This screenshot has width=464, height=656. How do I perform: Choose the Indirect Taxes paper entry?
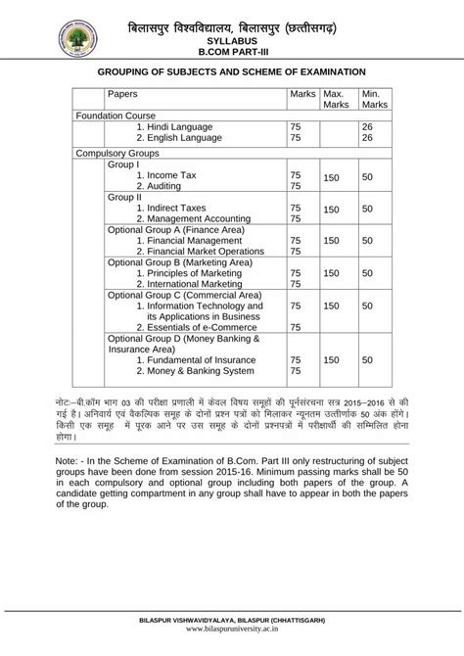click(175, 209)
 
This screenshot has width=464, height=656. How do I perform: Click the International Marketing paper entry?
click(197, 285)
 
